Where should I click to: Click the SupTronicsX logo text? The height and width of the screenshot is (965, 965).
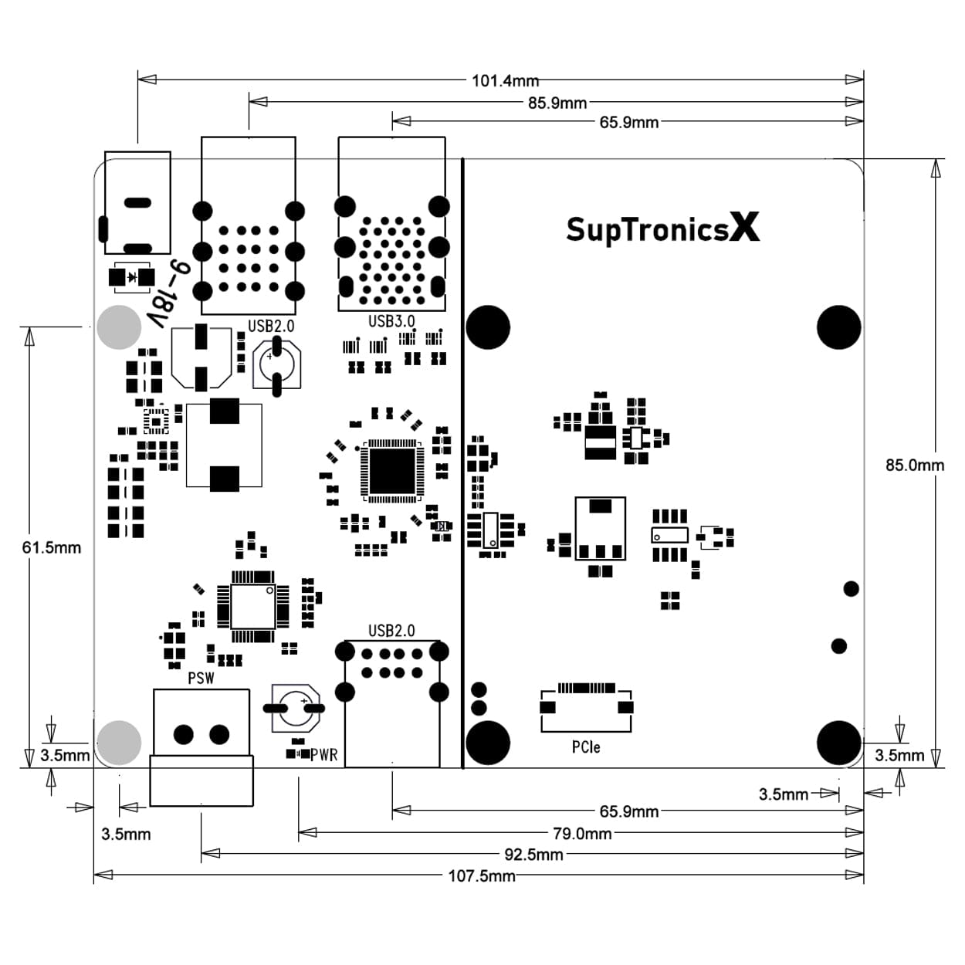click(x=662, y=229)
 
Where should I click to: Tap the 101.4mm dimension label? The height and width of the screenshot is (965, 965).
click(x=505, y=80)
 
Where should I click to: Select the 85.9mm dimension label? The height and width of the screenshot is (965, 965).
click(x=557, y=103)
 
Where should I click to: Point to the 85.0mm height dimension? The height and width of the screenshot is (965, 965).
click(x=914, y=465)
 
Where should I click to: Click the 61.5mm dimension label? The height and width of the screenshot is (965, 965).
click(x=51, y=547)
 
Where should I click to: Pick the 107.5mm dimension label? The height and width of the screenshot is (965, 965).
click(x=482, y=876)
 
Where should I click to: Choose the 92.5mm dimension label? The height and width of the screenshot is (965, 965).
click(x=533, y=855)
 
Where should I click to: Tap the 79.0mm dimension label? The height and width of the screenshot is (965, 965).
click(x=582, y=834)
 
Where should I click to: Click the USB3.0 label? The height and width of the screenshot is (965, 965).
click(x=391, y=321)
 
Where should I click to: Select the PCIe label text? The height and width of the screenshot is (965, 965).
click(x=586, y=747)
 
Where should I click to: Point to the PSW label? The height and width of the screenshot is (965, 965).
click(x=201, y=678)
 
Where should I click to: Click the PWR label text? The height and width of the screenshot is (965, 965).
click(x=324, y=755)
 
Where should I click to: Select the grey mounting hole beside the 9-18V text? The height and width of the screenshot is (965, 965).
click(x=120, y=327)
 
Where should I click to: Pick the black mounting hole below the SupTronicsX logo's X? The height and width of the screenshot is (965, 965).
click(x=838, y=327)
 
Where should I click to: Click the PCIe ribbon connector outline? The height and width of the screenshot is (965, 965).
click(x=586, y=706)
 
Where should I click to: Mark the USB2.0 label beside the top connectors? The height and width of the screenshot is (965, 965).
click(x=271, y=326)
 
